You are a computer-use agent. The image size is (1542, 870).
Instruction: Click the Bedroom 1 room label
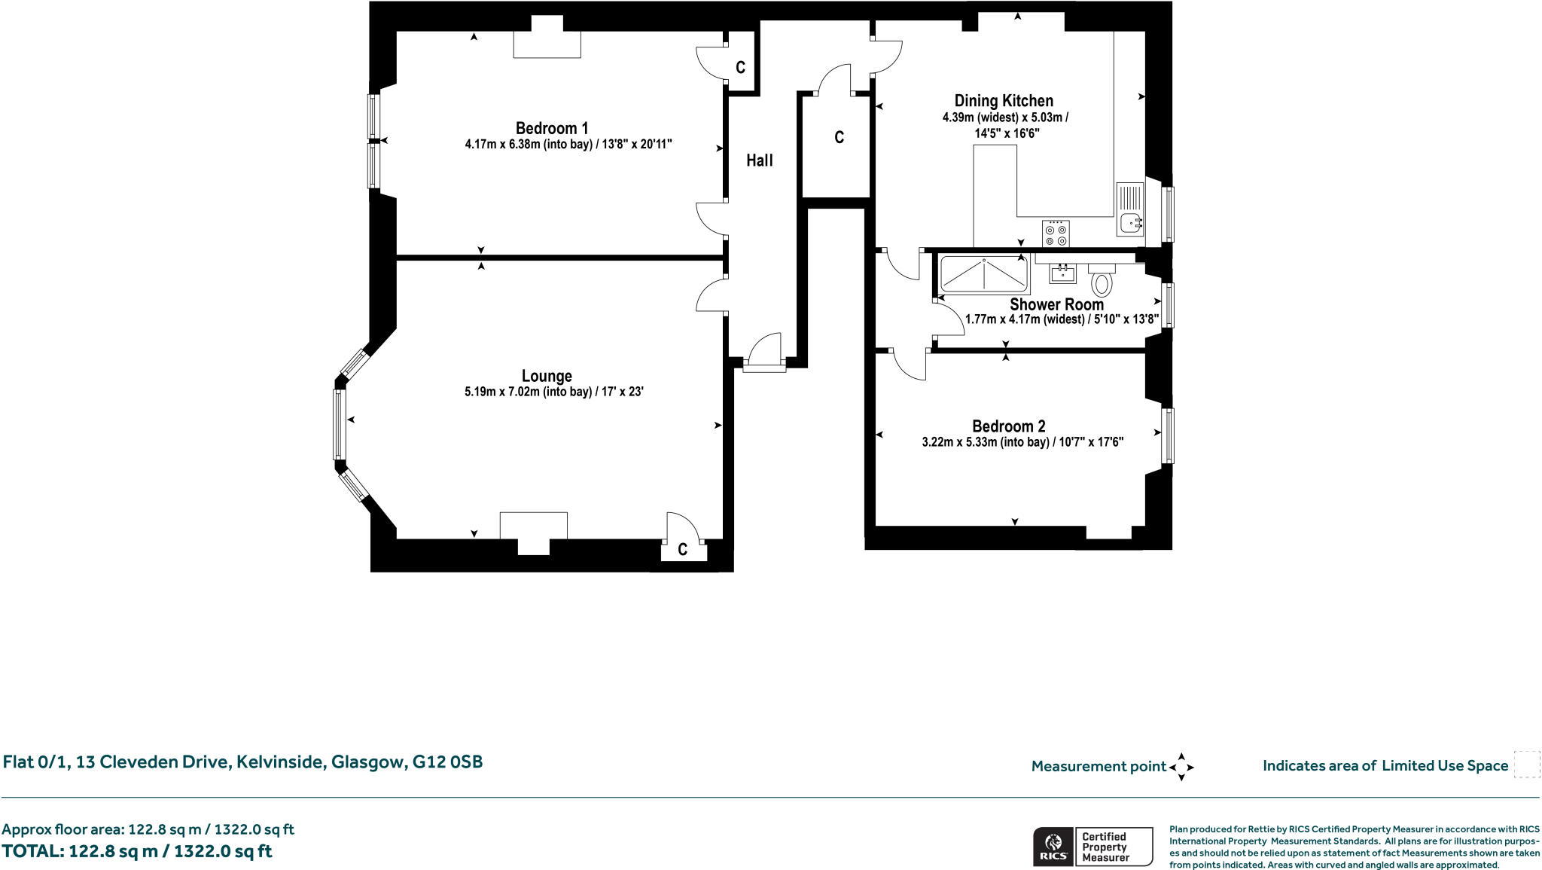pos(552,128)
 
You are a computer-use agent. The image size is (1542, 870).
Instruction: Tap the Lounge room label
pos(547,376)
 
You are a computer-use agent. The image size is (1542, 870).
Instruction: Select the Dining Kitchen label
pos(1004,101)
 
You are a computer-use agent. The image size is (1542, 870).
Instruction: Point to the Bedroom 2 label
pos(1008,426)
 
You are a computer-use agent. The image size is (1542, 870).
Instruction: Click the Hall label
pos(760,160)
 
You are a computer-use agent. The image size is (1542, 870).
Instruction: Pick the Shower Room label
pos(1056,304)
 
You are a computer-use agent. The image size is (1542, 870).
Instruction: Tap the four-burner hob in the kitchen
pos(1056,233)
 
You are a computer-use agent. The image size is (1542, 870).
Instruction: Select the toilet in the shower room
pos(1102,279)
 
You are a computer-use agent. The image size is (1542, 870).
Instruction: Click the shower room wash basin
pos(1063,273)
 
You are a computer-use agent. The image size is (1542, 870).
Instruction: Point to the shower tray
pos(984,274)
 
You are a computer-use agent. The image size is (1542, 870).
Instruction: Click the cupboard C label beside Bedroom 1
pos(740,68)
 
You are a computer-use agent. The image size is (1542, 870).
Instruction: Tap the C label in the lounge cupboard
pos(682,550)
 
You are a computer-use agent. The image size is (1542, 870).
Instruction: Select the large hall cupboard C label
pos(839,137)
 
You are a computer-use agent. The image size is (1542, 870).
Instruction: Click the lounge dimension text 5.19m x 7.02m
pos(554,392)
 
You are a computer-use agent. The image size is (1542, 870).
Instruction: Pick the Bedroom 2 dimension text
pos(1022,442)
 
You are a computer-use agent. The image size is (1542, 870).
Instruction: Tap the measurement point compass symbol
pos(1181,767)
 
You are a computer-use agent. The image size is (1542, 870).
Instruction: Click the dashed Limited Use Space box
pos(1526,764)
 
